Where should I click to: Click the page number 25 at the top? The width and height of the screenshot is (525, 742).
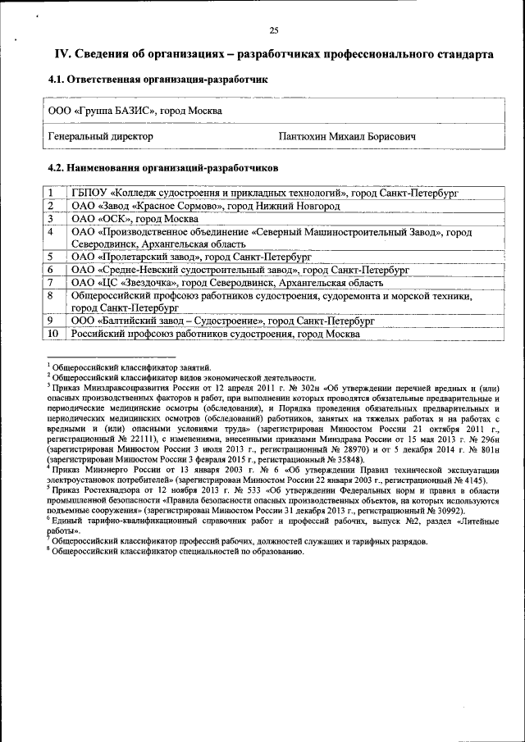pos(274,31)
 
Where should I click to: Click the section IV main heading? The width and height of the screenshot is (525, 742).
pos(273,54)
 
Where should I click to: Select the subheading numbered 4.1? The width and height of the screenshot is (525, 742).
pos(157,80)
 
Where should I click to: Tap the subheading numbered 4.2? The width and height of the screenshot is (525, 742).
pos(163,167)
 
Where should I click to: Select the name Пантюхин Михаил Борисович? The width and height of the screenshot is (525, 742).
pos(348,136)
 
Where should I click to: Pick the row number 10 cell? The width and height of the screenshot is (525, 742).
pos(52,334)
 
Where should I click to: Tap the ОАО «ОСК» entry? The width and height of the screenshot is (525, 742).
pos(135,219)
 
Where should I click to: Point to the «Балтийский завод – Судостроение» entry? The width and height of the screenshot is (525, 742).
pos(221,321)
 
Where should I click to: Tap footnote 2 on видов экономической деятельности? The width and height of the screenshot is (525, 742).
pos(183,377)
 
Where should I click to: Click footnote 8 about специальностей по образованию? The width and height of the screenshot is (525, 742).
pos(176,553)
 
